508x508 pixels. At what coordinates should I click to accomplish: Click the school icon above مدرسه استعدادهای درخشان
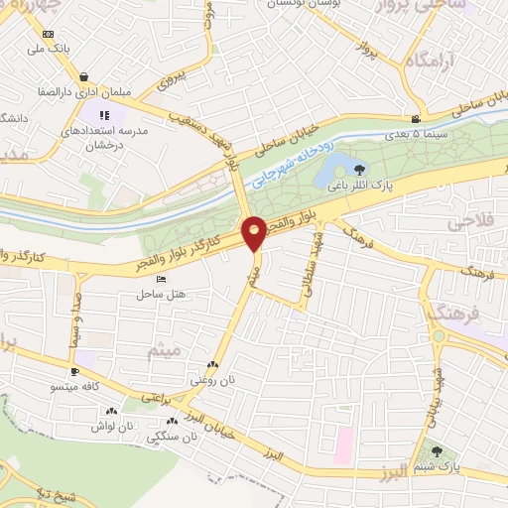(x=105, y=116)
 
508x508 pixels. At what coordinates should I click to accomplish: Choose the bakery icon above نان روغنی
(x=214, y=365)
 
